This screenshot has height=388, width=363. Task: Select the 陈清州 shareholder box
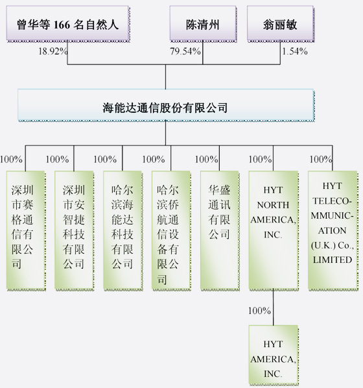203,26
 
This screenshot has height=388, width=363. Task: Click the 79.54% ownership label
185,51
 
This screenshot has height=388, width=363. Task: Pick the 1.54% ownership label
296,51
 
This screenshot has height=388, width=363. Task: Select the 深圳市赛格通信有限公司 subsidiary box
25,229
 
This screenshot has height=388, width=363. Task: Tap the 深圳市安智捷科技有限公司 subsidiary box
73,229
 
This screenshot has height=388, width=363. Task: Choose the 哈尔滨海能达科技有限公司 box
122,229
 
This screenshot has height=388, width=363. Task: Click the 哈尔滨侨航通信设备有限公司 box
170,229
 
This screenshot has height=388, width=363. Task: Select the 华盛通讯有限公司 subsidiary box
219,229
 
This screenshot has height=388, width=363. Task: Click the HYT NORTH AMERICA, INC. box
273,229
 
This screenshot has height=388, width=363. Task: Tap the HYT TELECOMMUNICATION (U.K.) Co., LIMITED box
333,229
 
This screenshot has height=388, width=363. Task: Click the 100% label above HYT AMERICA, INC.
259,311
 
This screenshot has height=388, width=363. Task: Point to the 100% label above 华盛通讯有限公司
206,159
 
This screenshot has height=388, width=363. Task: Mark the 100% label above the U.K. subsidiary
320,159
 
